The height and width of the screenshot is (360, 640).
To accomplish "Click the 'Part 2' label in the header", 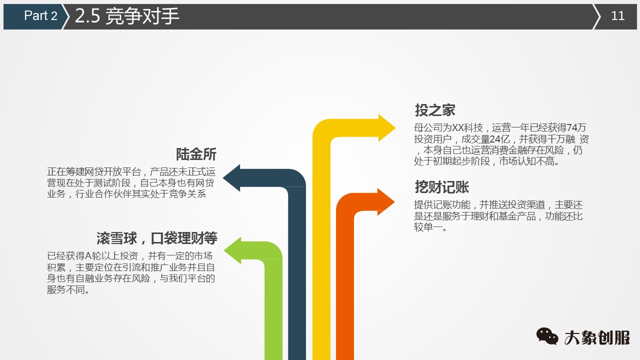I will (40, 16).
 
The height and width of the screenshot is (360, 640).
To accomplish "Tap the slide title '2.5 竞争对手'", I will (127, 16).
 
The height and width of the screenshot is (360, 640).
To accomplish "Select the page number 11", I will (618, 16).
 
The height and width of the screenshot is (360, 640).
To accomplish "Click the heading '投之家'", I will (435, 110).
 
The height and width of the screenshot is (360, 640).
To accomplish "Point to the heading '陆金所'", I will (196, 154).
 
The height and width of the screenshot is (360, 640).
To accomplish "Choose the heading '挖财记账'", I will (441, 187).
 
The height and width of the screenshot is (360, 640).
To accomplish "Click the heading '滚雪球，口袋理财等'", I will (156, 237).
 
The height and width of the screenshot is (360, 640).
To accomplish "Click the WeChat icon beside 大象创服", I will (547, 336).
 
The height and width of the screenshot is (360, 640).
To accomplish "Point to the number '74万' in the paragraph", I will (576, 127).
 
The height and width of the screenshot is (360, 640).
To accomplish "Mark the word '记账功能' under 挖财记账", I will (454, 205).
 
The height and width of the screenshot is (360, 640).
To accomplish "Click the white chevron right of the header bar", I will (597, 16).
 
